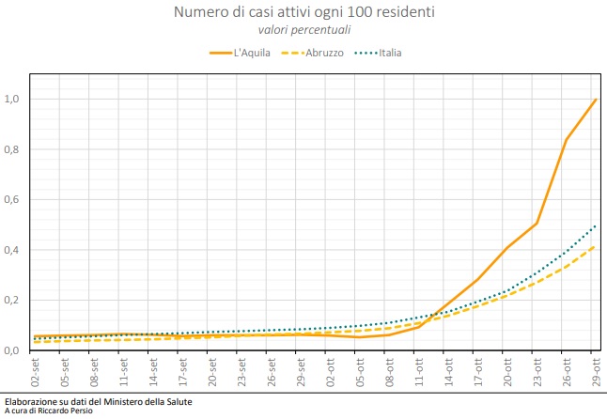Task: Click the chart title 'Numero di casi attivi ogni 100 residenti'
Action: coord(303,12)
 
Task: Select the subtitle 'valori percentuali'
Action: coord(303,31)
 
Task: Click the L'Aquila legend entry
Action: coord(241,53)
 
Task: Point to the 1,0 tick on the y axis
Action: coord(12,100)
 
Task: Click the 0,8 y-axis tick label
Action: coord(12,149)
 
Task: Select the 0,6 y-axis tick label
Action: coord(12,200)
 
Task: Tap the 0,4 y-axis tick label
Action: coord(12,250)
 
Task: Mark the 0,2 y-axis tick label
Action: coord(12,301)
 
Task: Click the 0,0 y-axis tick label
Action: coord(12,350)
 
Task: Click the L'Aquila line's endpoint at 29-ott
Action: coord(596,100)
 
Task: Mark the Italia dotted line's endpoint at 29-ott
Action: coord(596,225)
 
